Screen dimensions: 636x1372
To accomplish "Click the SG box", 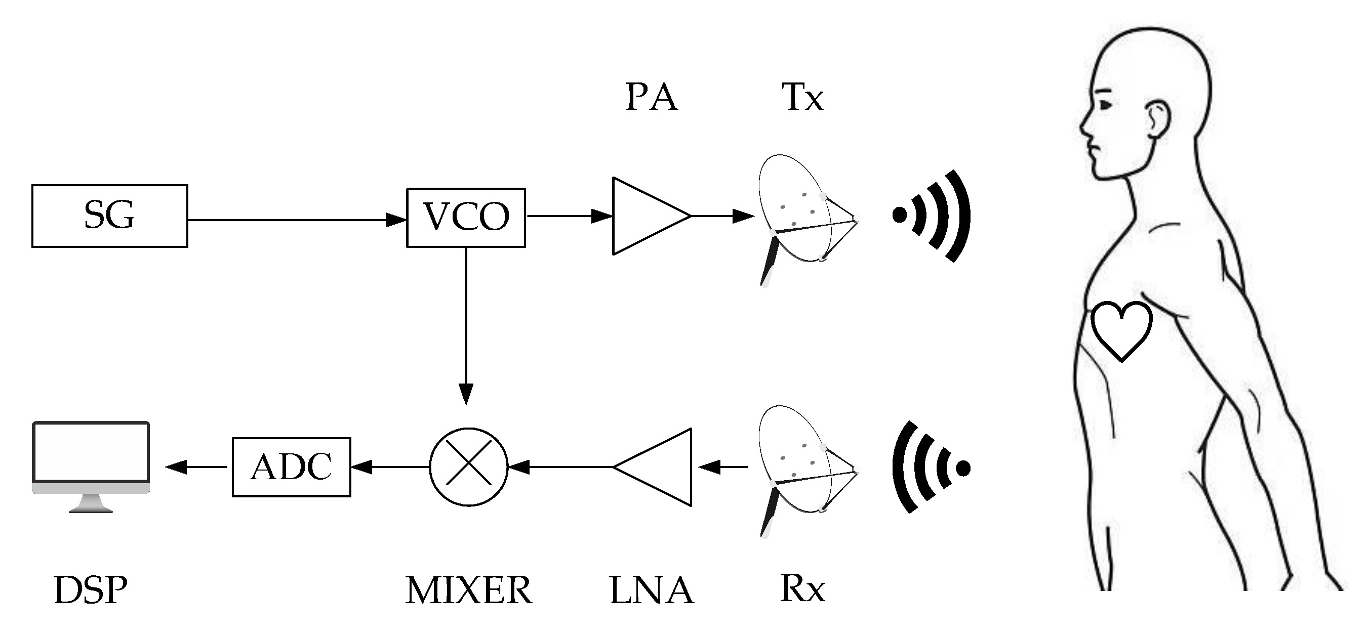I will tap(109, 216).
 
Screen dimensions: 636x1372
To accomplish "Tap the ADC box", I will tap(291, 467).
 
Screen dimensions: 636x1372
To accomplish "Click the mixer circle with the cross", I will tap(468, 467).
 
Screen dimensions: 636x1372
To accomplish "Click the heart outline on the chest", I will tap(1121, 330).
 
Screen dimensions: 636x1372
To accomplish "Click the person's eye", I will tap(1105, 105).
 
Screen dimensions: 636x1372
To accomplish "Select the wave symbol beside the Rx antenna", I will tap(930, 468).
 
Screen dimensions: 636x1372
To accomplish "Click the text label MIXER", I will tap(468, 590).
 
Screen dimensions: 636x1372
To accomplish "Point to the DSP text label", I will tap(91, 590).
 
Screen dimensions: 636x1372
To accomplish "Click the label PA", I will tap(651, 97).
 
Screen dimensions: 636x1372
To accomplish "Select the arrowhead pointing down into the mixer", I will tap(466, 394).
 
